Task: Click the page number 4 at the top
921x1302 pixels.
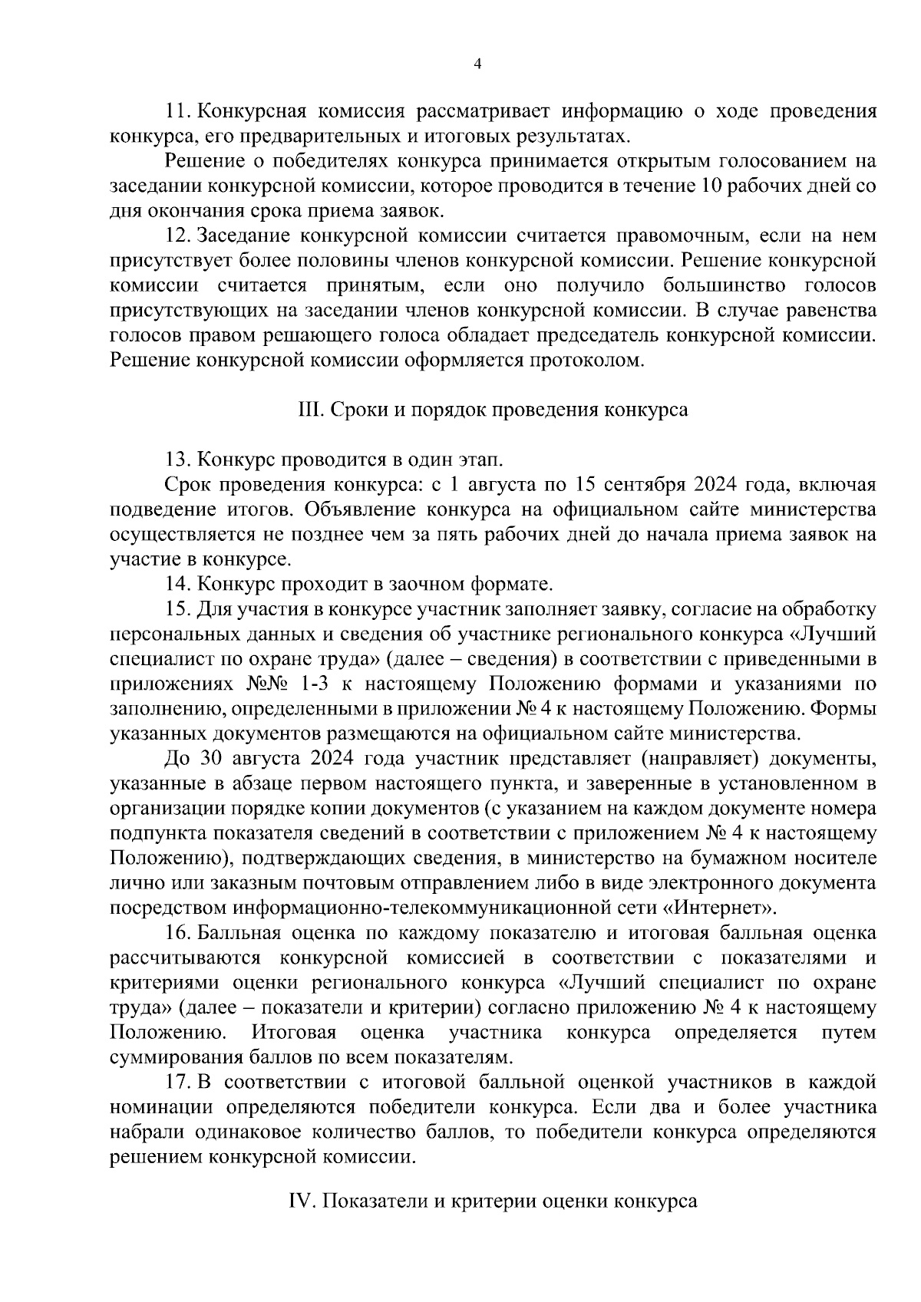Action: [x=477, y=65]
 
